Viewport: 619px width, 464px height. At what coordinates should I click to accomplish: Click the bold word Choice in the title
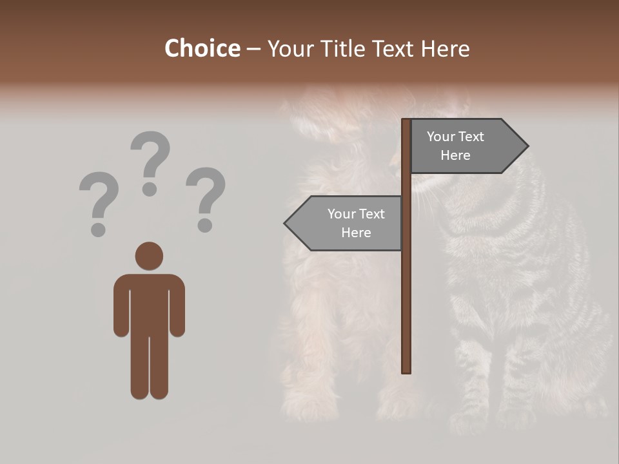(x=202, y=48)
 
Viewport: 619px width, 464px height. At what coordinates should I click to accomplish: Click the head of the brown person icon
(x=149, y=256)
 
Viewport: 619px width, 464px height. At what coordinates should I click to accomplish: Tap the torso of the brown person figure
(x=149, y=303)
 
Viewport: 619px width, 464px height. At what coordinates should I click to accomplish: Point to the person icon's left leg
(x=139, y=367)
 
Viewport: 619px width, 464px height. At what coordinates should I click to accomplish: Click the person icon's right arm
(x=177, y=309)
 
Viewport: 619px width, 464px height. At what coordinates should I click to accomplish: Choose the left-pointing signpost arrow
(x=345, y=223)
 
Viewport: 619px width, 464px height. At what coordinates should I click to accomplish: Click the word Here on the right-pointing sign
(x=455, y=155)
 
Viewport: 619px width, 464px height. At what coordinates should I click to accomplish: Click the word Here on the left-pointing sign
(x=356, y=233)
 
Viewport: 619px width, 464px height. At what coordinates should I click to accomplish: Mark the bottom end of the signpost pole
(x=406, y=370)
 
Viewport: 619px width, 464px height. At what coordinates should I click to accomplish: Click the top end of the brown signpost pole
(x=406, y=122)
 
